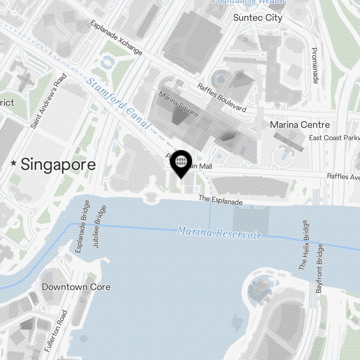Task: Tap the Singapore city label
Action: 58,165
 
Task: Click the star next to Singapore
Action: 14,163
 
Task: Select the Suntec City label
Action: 258,18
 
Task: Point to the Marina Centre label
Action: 300,125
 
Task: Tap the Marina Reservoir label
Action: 219,232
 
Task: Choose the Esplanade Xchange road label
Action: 116,38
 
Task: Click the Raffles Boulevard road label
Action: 222,98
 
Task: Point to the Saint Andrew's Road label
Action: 49,101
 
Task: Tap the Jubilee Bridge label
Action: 100,226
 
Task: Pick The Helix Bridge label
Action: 303,245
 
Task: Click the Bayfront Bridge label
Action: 319,268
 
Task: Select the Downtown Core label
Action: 76,287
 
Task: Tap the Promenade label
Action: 314,66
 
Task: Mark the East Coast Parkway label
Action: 334,138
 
